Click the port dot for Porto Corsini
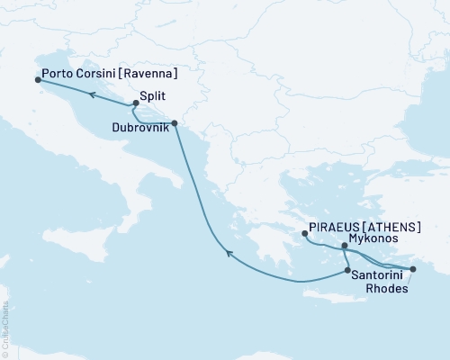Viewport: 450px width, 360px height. pos(38,79)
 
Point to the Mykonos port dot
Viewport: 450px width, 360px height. pos(345,246)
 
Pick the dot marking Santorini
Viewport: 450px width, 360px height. pos(347,270)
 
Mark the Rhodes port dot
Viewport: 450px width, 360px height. pos(412,269)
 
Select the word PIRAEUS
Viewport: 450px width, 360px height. pos(334,229)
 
